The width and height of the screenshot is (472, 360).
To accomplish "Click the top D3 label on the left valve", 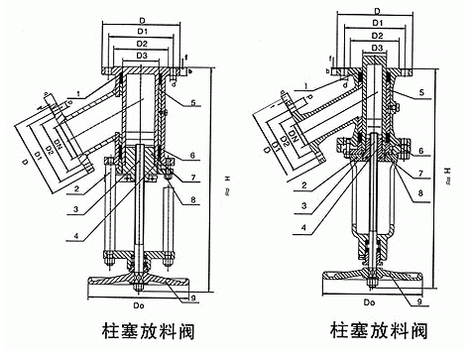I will [143, 57].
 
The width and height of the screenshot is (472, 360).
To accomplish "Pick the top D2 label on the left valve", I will [143, 44].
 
